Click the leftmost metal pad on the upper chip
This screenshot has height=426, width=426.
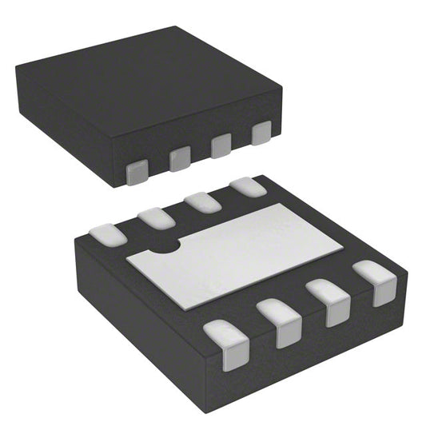138,170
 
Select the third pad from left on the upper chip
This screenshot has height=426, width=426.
221,145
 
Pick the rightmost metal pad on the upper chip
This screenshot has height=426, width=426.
261,133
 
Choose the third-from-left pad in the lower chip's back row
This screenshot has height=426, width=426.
202,201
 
